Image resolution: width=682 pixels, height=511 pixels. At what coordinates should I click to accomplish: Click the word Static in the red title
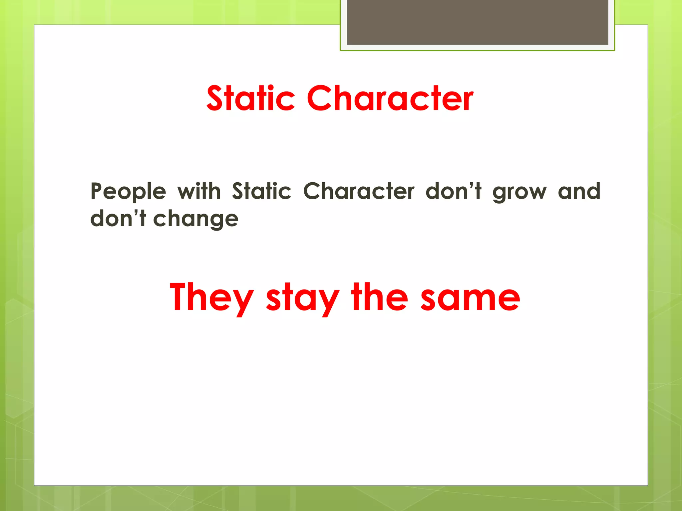[250, 98]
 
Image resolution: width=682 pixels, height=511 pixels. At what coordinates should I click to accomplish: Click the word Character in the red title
[390, 98]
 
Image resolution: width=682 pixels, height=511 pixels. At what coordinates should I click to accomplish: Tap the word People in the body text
[128, 192]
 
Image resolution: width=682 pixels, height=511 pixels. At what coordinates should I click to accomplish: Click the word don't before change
[118, 219]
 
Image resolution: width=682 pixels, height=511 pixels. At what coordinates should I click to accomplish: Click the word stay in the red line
[302, 297]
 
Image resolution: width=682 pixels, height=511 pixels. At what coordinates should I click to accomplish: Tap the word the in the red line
[379, 297]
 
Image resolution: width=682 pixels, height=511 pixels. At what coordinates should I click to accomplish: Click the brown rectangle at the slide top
[477, 22]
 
